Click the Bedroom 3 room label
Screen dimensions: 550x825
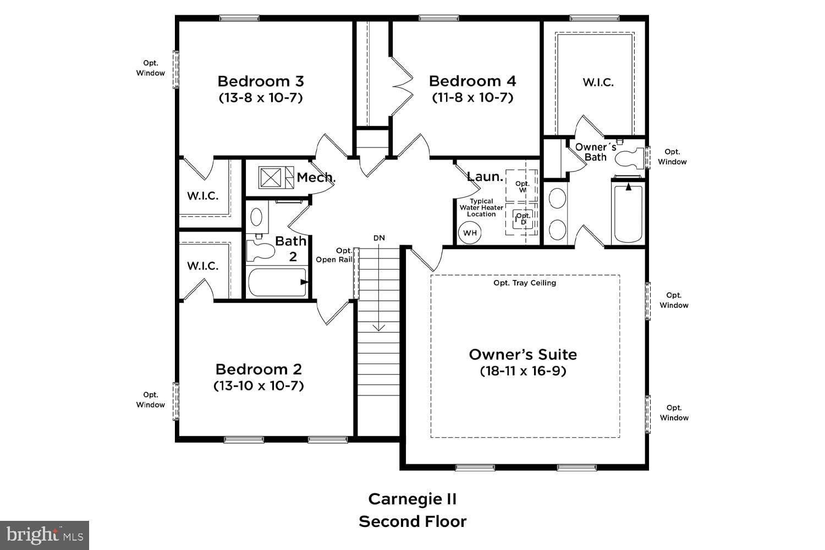coord(260,81)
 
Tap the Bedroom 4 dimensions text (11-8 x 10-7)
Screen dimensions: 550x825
coord(472,97)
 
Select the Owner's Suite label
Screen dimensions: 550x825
coord(522,354)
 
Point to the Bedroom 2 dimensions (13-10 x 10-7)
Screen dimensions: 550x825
coord(258,386)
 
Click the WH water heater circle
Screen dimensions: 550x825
coord(470,233)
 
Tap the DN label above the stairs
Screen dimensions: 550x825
coord(379,238)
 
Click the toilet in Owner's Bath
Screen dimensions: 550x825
coord(629,158)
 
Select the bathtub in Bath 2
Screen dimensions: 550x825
coord(277,282)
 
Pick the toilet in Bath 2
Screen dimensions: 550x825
coord(259,251)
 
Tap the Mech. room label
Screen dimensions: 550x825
coord(316,178)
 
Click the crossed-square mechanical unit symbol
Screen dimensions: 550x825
coord(270,178)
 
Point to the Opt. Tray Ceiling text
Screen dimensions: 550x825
coord(525,283)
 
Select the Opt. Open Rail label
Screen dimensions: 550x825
coord(334,255)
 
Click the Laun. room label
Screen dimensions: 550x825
coord(485,177)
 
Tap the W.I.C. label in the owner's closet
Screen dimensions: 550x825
coord(598,82)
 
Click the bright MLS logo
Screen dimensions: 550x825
coord(45,535)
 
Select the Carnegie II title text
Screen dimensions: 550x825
coord(413,499)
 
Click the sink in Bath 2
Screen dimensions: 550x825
coord(256,217)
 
